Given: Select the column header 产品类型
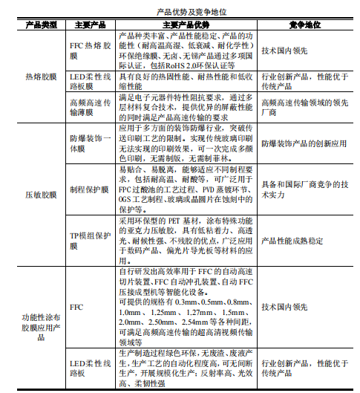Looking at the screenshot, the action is pos(41,25).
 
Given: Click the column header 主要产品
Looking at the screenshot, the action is pos(91,25).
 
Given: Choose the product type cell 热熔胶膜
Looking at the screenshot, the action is pos(41,77).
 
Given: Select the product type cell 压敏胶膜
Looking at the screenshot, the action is pos(41,195).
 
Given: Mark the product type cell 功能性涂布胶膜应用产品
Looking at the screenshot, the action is pos(41,326).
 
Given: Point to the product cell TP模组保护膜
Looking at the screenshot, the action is pos(91,241).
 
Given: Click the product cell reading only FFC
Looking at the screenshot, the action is pos(76,307).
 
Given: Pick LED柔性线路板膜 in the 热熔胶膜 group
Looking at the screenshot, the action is pos(91,81).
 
